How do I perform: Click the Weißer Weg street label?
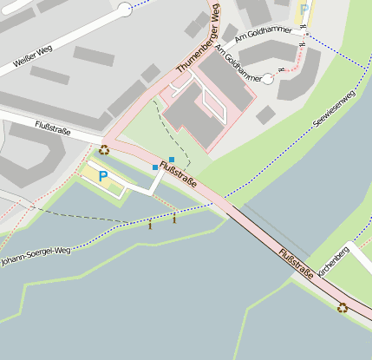(x=34, y=56)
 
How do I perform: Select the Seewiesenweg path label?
(x=335, y=111)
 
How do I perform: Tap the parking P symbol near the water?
(x=103, y=177)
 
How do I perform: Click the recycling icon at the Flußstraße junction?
(x=104, y=149)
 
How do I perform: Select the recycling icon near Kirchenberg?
(x=343, y=307)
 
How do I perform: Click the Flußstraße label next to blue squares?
(x=179, y=177)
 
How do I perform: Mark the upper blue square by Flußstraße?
(x=172, y=160)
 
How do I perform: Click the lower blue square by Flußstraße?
(x=155, y=167)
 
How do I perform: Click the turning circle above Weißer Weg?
(x=125, y=10)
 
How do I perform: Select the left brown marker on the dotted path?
(x=150, y=226)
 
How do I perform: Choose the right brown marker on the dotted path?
(x=174, y=219)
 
